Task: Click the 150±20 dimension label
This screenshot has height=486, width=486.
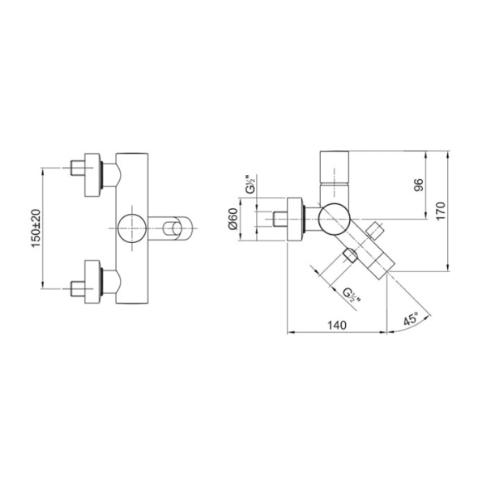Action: (x=36, y=228)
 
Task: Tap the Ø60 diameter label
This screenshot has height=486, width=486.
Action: (x=232, y=220)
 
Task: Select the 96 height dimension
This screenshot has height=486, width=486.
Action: (x=419, y=185)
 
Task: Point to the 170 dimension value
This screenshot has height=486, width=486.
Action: (x=441, y=211)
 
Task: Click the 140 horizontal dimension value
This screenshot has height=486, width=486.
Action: (x=337, y=325)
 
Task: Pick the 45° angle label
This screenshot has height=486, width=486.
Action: (x=411, y=318)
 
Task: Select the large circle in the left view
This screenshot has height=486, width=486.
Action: (x=132, y=228)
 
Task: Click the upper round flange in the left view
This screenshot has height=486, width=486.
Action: (x=92, y=175)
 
